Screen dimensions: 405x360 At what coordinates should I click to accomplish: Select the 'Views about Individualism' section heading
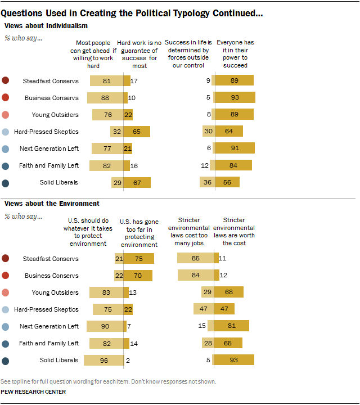(x=46, y=25)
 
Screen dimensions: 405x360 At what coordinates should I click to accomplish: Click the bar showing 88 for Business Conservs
(x=105, y=98)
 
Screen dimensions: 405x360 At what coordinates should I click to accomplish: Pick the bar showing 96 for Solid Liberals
(x=103, y=360)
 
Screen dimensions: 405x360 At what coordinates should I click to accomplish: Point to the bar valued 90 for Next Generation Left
(x=105, y=326)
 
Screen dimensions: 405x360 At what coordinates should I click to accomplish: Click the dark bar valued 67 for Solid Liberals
(x=137, y=182)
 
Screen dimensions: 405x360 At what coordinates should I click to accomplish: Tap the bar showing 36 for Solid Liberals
(x=206, y=182)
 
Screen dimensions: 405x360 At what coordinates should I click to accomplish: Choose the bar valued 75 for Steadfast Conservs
(x=137, y=259)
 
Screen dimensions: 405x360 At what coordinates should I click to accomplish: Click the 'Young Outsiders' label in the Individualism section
(x=55, y=115)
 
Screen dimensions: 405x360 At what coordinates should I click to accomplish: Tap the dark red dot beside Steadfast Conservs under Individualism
(x=6, y=81)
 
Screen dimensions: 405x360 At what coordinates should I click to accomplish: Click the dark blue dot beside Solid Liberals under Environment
(x=6, y=360)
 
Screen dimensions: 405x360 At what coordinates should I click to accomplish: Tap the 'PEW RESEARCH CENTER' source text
(x=33, y=392)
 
